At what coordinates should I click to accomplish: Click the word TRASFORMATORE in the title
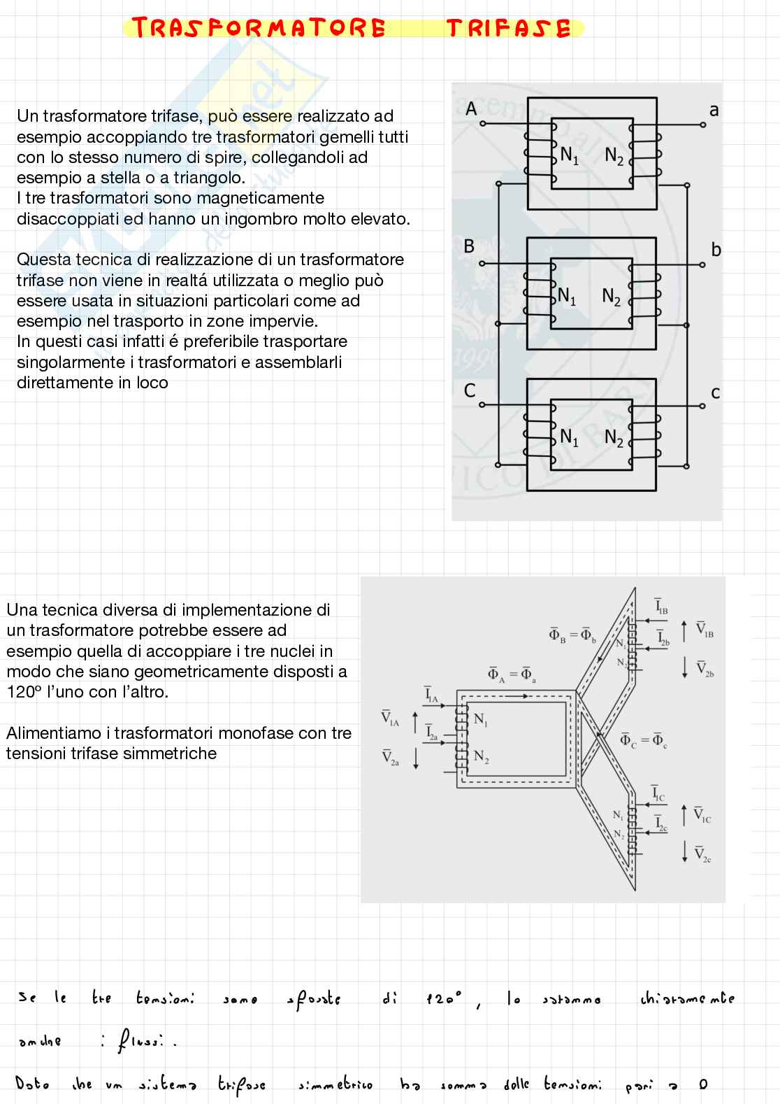pos(258,28)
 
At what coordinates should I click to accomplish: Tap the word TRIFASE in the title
pos(508,28)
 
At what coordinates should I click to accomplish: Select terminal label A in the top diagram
pos(471,109)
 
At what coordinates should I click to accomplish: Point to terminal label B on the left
pos(470,246)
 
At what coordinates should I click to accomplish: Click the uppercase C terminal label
pos(470,390)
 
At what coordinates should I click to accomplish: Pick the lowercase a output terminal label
pos(714,110)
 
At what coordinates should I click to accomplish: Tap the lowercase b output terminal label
pos(716,249)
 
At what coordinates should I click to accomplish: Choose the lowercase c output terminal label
pos(715,392)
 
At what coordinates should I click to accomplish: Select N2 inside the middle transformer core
pos(612,297)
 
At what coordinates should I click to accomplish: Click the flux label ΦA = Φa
pos(512,674)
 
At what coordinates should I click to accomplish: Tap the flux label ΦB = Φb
pos(572,636)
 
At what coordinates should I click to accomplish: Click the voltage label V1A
pos(390,719)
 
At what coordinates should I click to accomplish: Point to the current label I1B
pos(661,607)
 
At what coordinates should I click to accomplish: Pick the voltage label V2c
pos(702,854)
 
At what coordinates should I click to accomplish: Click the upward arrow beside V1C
pos(684,815)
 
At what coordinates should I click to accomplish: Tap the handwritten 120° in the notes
pos(444,999)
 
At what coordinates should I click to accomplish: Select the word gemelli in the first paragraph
pos(347,136)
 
